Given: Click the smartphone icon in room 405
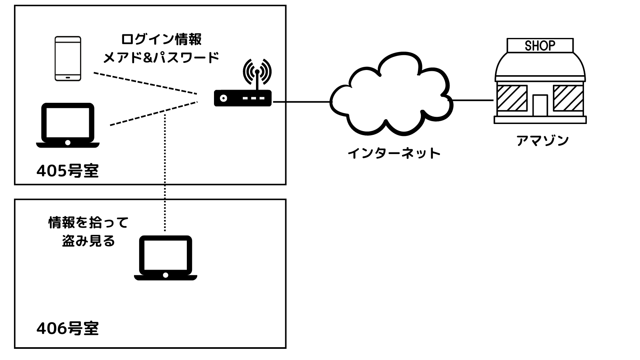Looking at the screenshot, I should (x=68, y=59).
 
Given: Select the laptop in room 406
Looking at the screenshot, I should (x=166, y=258).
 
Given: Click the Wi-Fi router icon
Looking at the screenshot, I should (x=243, y=97).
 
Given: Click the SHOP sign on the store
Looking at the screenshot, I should (x=540, y=46).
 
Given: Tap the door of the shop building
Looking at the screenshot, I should (x=540, y=105).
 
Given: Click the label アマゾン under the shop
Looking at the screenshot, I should (x=542, y=141).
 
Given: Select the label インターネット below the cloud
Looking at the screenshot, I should (x=394, y=153).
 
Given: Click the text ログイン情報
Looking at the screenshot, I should (x=161, y=40).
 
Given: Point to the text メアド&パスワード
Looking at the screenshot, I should (x=161, y=58).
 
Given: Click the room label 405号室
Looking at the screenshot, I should (x=68, y=171).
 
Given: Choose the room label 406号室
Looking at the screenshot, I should (x=68, y=328).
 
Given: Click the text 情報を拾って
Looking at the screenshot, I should (x=88, y=222).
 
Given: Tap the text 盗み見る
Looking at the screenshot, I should (x=88, y=241).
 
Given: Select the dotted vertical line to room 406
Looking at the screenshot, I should (x=165, y=172).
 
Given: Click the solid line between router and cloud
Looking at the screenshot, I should (x=302, y=102).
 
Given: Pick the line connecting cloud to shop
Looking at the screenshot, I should (x=473, y=100).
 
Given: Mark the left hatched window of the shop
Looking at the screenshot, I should (x=512, y=98).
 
